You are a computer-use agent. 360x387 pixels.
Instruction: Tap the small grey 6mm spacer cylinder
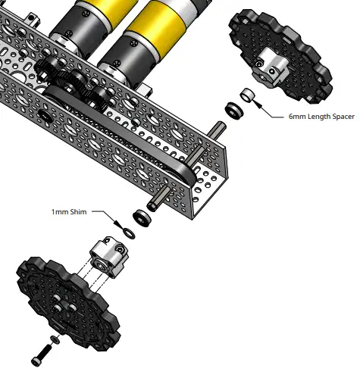247,96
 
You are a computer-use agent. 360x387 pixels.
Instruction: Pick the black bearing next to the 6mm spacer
233,109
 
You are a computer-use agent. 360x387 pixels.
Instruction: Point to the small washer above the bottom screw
52,338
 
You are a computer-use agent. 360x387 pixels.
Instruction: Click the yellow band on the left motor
83,14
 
